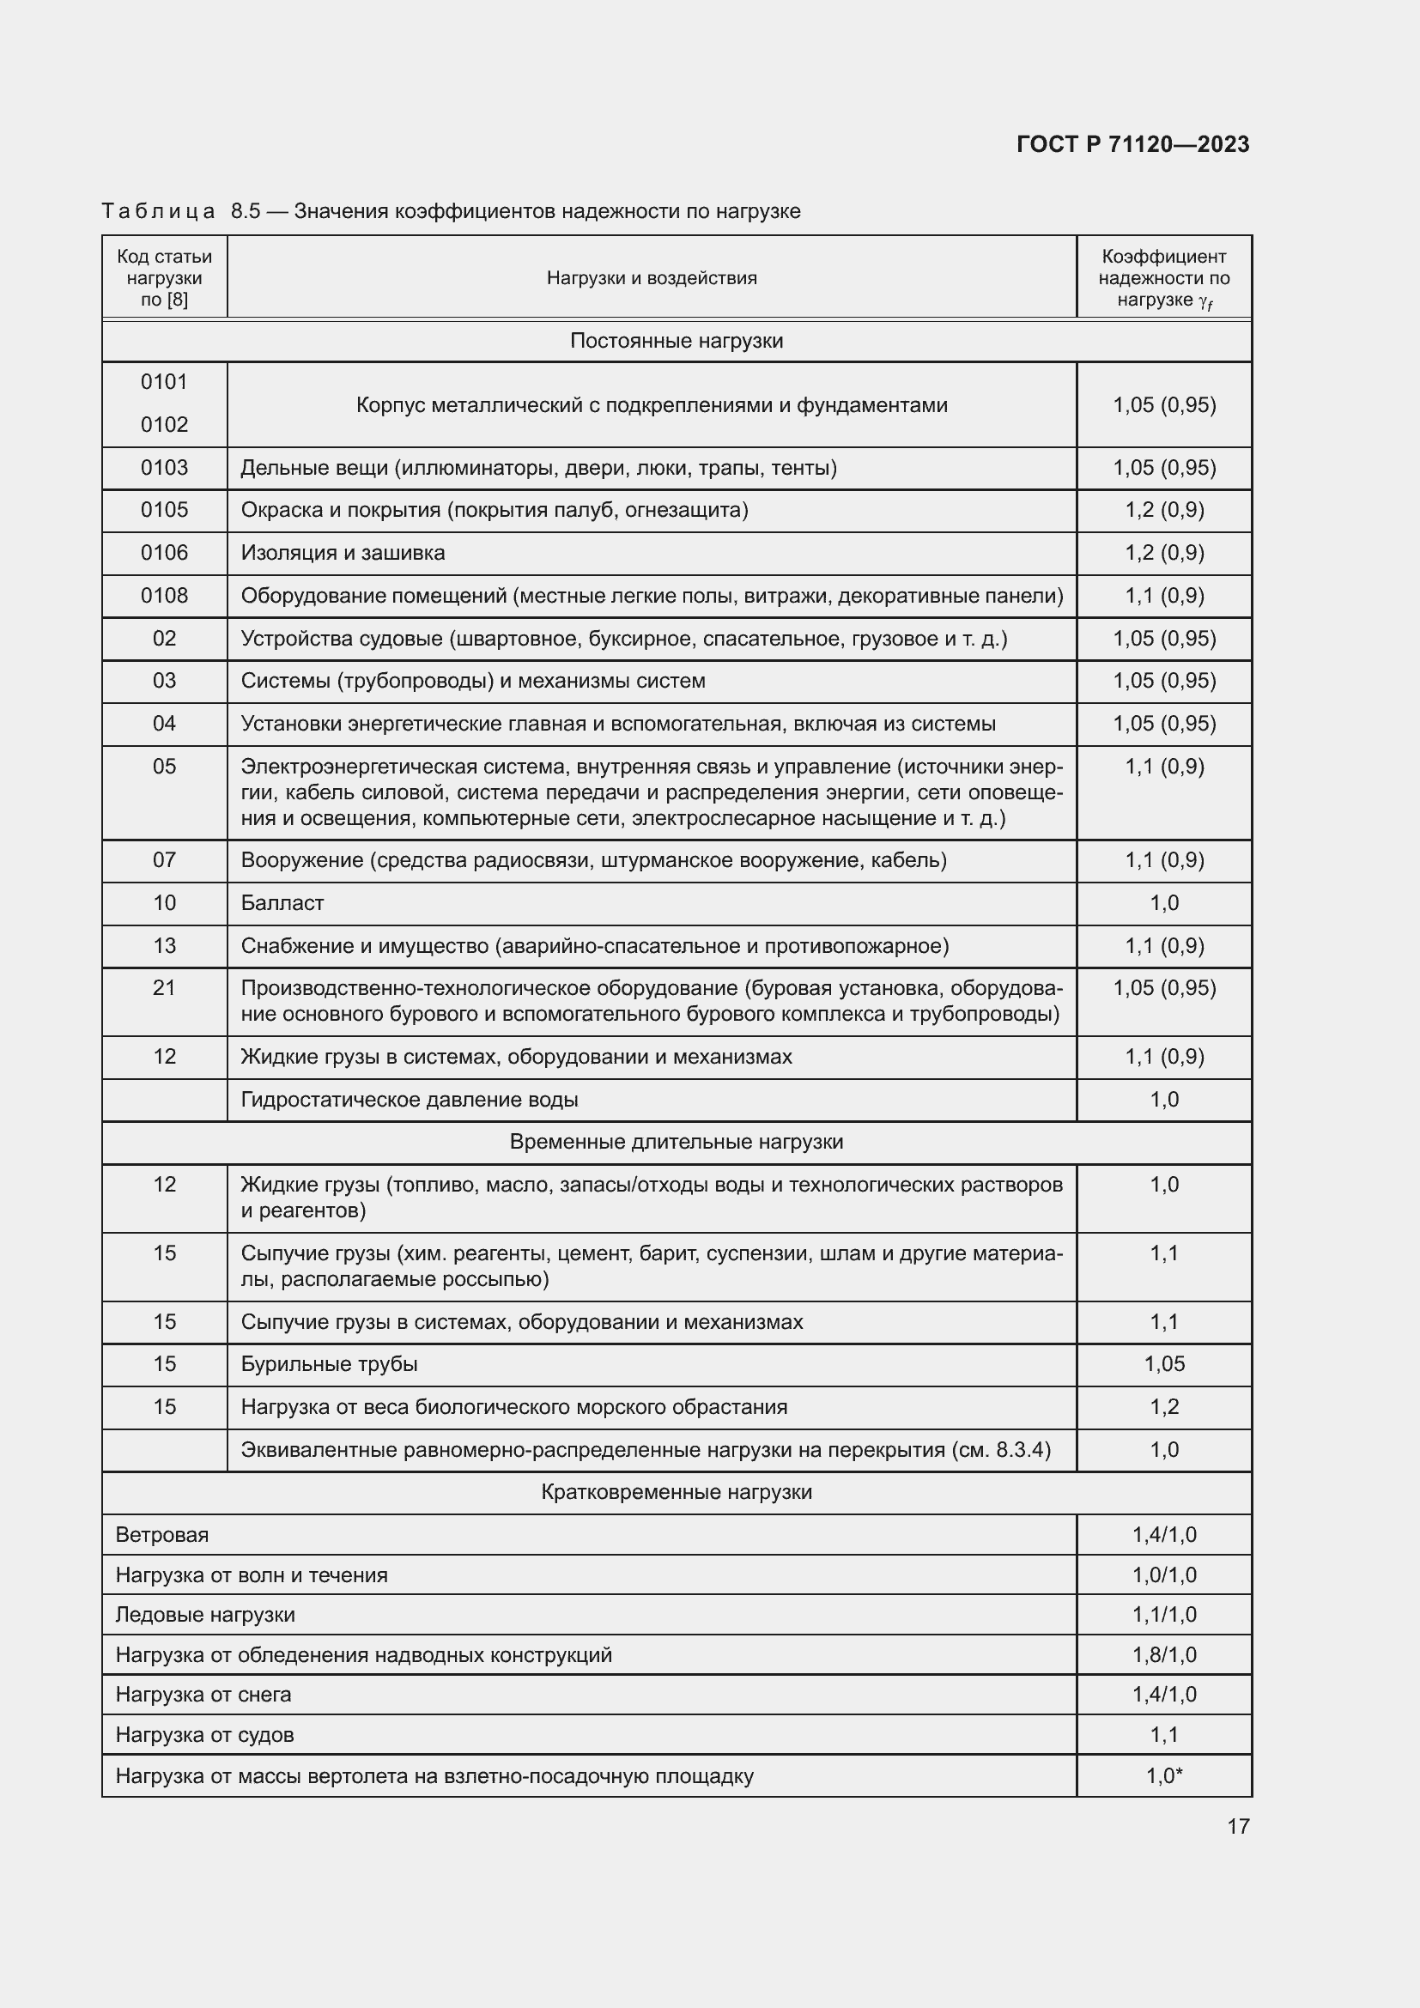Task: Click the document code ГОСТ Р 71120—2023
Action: click(1132, 145)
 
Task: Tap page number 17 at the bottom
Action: click(1238, 1826)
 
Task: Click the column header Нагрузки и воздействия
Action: click(652, 278)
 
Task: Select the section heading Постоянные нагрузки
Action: click(676, 341)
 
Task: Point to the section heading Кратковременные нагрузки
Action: click(676, 1492)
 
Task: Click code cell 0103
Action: click(164, 468)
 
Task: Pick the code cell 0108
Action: click(164, 596)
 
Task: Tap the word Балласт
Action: click(282, 902)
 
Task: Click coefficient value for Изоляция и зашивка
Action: click(1164, 553)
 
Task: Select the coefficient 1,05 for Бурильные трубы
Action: click(1164, 1363)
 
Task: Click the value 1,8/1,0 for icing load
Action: click(1164, 1654)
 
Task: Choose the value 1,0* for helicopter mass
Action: click(1164, 1776)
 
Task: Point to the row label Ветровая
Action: click(161, 1535)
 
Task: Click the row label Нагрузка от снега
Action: click(203, 1694)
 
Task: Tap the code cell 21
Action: click(164, 987)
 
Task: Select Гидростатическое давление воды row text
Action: click(410, 1100)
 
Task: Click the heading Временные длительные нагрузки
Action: click(676, 1142)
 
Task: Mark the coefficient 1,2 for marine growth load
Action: click(1164, 1406)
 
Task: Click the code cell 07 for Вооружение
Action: click(164, 859)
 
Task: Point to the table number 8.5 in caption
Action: click(246, 212)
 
